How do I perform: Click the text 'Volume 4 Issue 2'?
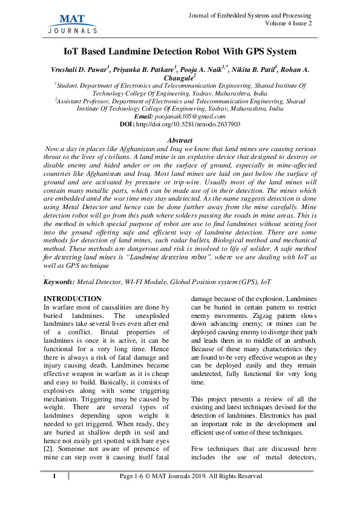tap(288, 24)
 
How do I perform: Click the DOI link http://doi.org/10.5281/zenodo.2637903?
tap(188, 124)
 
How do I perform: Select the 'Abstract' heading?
tap(179, 140)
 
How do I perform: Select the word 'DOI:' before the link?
tap(127, 124)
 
